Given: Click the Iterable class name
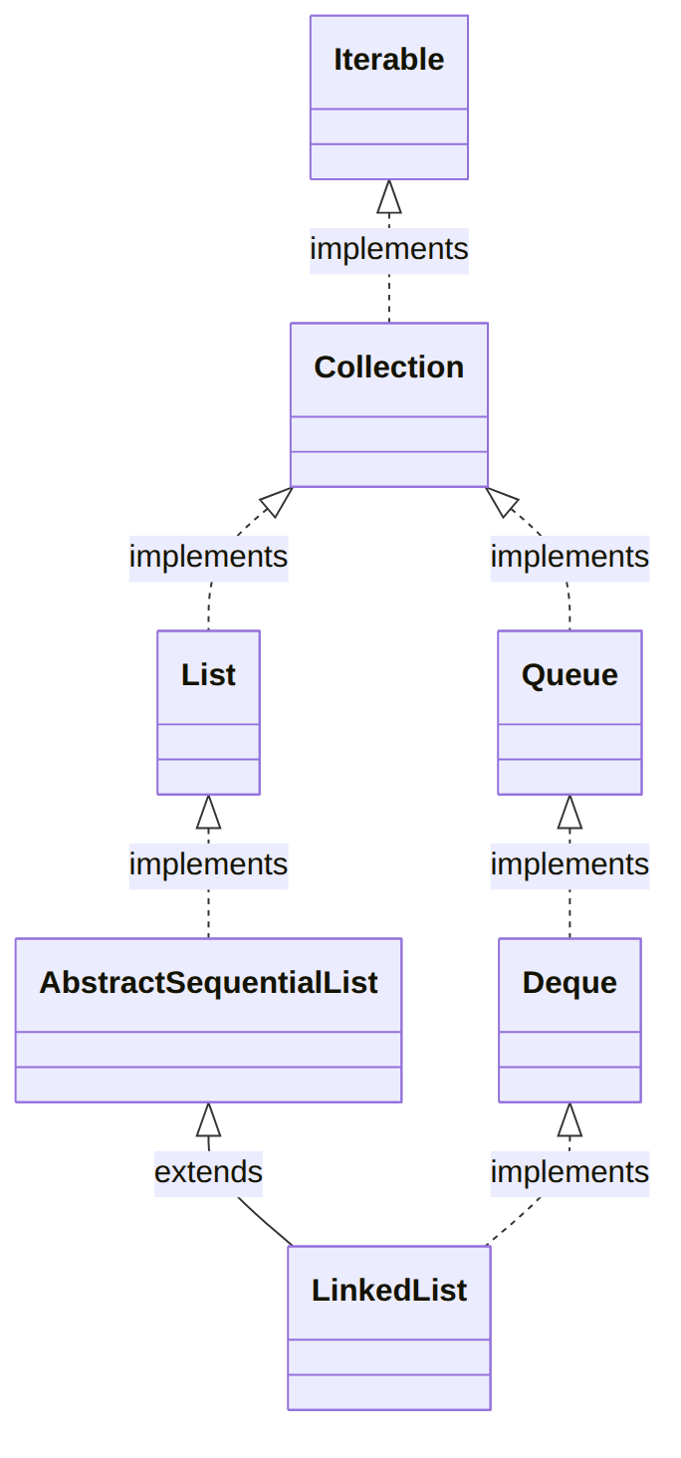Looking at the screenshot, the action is point(389,60).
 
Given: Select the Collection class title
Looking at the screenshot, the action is point(389,367).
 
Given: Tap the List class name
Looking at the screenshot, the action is point(208,675).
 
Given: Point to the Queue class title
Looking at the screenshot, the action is point(569,675).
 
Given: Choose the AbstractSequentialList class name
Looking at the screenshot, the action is point(208,983).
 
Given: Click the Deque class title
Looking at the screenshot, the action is point(569,983).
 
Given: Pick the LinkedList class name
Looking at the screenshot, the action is point(389,1291).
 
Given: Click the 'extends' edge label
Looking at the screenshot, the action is point(208,1172).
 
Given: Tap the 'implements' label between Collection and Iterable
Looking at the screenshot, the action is point(389,249).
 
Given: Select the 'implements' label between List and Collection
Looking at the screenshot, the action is point(208,557).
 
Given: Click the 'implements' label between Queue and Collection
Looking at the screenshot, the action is point(569,557).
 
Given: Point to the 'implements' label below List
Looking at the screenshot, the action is point(208,865).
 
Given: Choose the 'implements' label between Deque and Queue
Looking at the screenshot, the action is point(569,865).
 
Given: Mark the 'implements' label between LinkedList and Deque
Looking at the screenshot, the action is point(569,1173).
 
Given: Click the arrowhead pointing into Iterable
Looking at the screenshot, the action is point(389,196).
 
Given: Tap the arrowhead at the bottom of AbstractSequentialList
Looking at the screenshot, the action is point(208,1119).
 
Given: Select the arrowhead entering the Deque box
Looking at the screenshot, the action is point(569,1119).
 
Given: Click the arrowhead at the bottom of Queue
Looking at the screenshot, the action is point(569,812).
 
